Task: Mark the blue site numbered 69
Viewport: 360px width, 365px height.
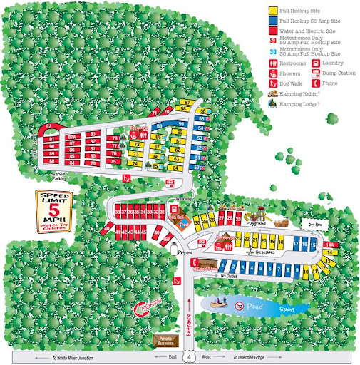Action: (160, 126)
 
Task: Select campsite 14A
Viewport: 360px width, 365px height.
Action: (329, 245)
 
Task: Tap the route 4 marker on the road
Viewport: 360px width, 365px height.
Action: (189, 355)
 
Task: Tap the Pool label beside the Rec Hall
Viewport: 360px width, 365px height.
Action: (183, 222)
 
